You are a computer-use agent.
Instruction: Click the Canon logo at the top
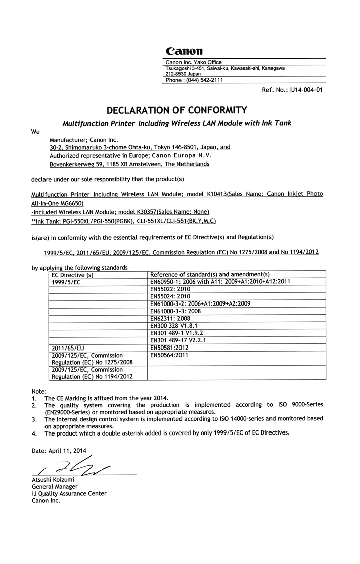[184, 51]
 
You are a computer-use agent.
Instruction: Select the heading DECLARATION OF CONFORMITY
[176, 109]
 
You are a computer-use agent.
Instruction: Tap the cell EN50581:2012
[169, 348]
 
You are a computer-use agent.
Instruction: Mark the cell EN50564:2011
[169, 356]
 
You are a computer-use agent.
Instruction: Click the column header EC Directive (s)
[73, 274]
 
